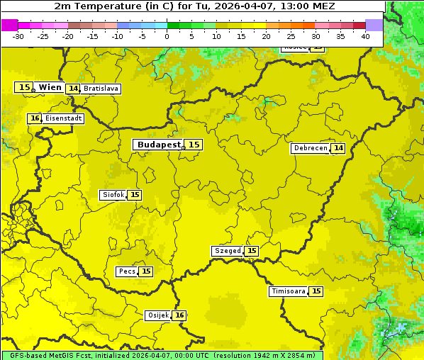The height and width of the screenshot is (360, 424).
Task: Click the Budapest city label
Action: [159, 145]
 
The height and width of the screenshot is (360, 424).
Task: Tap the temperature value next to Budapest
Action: [194, 145]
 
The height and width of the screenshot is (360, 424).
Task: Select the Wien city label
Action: [50, 87]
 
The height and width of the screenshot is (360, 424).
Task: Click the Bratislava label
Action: [100, 89]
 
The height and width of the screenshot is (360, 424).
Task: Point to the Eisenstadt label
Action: [63, 118]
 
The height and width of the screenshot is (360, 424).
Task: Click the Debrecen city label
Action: [310, 148]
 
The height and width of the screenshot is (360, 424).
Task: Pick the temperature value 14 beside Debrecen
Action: [338, 148]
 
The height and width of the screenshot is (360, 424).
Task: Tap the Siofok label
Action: [112, 195]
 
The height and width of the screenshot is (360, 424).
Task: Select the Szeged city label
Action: [227, 251]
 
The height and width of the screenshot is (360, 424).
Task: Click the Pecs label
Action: [127, 271]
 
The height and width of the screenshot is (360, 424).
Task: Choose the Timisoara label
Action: [288, 291]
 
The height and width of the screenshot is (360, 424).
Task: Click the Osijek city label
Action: [157, 315]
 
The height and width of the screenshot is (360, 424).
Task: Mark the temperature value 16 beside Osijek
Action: [180, 315]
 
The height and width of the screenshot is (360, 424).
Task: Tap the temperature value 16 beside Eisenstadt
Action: [35, 118]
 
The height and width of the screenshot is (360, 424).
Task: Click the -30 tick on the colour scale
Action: [18, 36]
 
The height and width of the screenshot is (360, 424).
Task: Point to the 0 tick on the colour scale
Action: [167, 36]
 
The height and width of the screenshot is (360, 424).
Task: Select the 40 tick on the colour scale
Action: [365, 36]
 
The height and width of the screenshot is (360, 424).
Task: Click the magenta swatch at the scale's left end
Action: [9, 25]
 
